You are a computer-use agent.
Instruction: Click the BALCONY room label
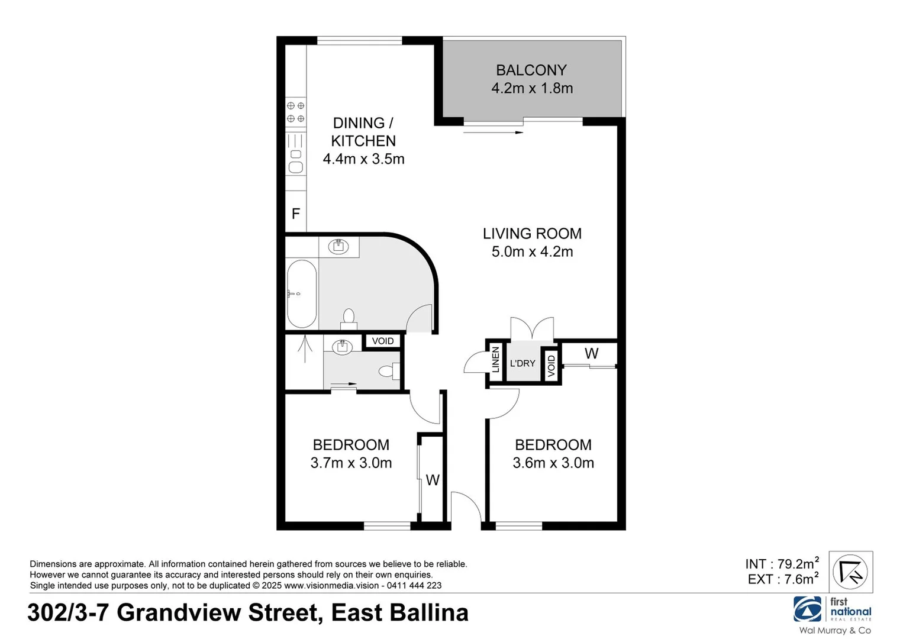[531, 70]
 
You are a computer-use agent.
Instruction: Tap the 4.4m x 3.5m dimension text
[363, 159]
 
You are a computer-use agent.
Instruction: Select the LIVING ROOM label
[531, 234]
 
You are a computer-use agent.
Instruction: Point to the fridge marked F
[296, 214]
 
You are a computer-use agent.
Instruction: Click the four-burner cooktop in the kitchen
[296, 112]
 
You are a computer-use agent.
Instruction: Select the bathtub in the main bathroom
[302, 294]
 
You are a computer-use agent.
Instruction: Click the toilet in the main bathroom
[349, 319]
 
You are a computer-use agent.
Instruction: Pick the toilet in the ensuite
[387, 372]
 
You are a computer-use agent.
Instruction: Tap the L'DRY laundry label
[522, 363]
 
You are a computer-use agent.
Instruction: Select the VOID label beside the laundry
[552, 365]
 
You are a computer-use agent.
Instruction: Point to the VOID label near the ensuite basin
[383, 341]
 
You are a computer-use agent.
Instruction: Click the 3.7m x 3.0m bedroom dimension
[351, 463]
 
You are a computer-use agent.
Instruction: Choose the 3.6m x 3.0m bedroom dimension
[553, 463]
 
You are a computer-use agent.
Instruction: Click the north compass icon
[850, 572]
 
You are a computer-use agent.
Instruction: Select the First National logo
[832, 610]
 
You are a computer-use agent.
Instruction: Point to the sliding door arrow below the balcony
[494, 133]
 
